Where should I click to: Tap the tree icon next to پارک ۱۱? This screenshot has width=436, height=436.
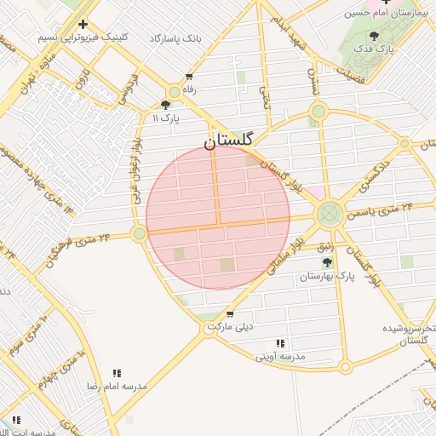click(x=164, y=105)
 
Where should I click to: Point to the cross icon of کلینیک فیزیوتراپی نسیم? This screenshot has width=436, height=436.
click(x=83, y=25)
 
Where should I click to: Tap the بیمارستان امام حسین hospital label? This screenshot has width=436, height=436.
click(x=386, y=14)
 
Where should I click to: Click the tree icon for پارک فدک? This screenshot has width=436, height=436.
click(x=374, y=36)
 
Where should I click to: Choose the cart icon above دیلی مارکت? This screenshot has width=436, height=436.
click(x=230, y=314)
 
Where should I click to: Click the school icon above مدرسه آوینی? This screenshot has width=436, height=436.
click(x=281, y=343)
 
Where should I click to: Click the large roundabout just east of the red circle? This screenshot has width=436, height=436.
click(x=329, y=214)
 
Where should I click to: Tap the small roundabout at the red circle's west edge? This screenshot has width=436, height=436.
click(x=139, y=232)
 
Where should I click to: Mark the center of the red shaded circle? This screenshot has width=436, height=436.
click(x=218, y=218)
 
